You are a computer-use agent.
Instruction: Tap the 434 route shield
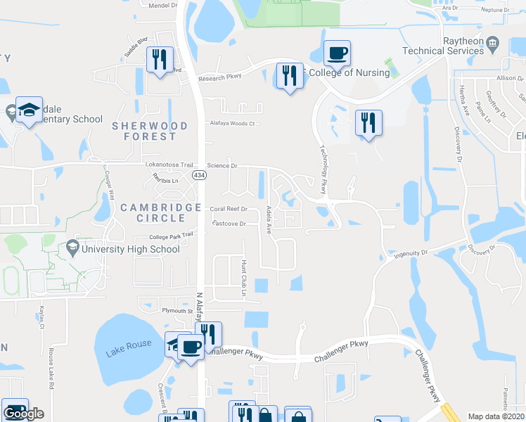[x=200, y=177]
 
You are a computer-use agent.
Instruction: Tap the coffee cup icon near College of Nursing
[x=337, y=52]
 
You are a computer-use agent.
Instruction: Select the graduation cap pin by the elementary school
[x=29, y=109]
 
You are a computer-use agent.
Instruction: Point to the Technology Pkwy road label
[x=323, y=169]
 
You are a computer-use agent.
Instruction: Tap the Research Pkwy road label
[x=219, y=78]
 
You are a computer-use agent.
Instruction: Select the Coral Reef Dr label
[x=229, y=209]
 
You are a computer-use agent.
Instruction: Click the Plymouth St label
[x=177, y=311]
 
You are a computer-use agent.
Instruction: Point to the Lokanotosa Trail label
[x=169, y=165]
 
